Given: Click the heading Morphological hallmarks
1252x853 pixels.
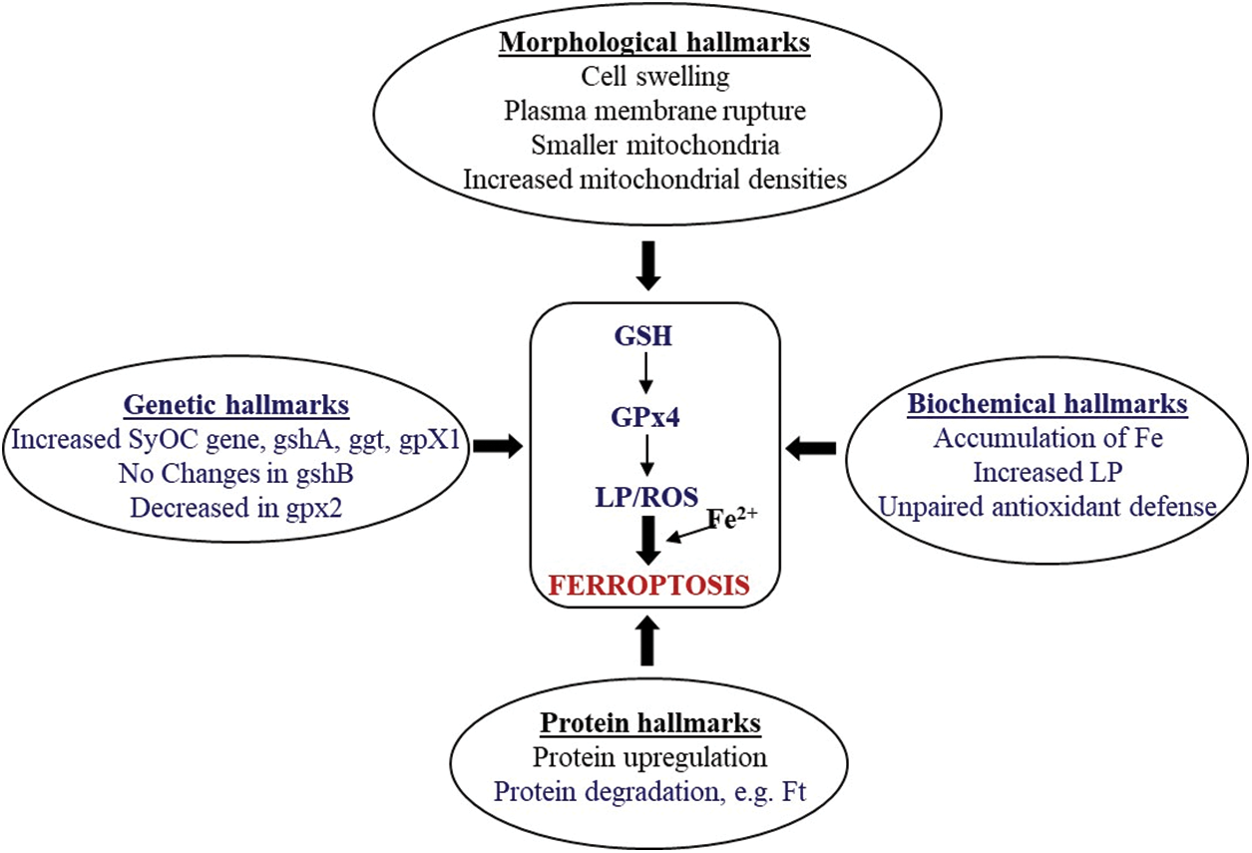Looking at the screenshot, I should (653, 43).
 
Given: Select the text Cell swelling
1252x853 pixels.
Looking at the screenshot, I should (653, 77).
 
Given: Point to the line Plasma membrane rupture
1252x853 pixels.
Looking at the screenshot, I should (653, 111).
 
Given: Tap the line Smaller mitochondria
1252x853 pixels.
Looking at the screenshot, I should (653, 146).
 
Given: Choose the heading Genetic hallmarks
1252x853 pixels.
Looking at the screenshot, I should (235, 406).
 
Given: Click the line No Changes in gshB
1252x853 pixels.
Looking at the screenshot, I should (235, 472).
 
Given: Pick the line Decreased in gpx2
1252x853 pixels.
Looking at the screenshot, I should (235, 506).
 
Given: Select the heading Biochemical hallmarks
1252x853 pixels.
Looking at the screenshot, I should (1047, 405).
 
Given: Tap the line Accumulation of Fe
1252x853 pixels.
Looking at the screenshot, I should (1047, 439).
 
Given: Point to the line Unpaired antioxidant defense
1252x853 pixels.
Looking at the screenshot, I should (1047, 507).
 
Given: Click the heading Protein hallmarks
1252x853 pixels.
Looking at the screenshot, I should (650, 722).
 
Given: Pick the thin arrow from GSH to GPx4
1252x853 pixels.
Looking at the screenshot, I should (645, 374).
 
